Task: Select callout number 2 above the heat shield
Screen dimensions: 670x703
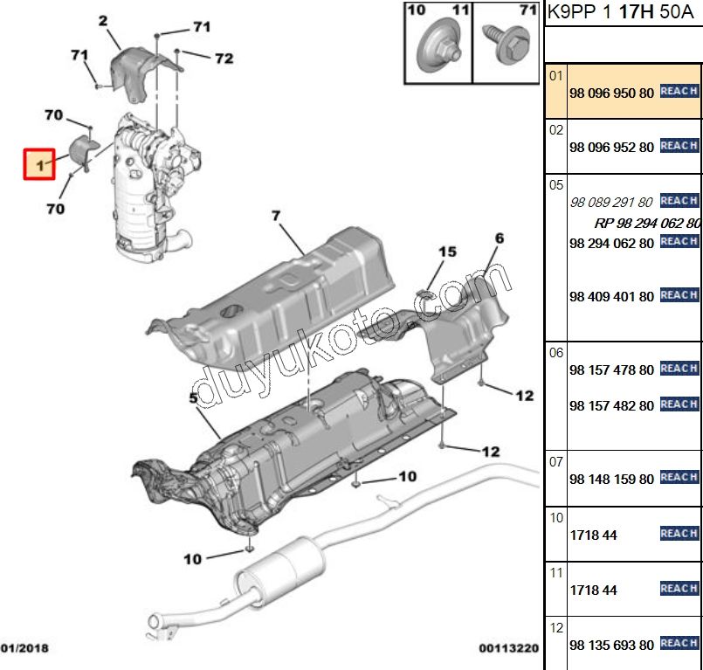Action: point(103,20)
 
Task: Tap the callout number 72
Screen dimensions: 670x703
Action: point(224,59)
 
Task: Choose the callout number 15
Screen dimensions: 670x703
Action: point(447,252)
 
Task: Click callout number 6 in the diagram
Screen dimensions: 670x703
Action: point(500,238)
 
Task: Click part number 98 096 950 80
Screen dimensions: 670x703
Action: point(610,92)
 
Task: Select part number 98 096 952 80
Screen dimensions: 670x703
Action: point(610,147)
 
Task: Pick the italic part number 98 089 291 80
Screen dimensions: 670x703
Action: point(610,202)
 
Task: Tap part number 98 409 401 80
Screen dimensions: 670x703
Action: point(610,296)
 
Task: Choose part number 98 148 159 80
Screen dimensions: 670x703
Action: point(610,479)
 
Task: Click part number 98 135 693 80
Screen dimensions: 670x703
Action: point(610,645)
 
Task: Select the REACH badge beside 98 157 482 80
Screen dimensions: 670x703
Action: point(679,404)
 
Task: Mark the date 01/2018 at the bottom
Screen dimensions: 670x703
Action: point(24,648)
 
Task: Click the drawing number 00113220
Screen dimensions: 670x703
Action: point(508,648)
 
